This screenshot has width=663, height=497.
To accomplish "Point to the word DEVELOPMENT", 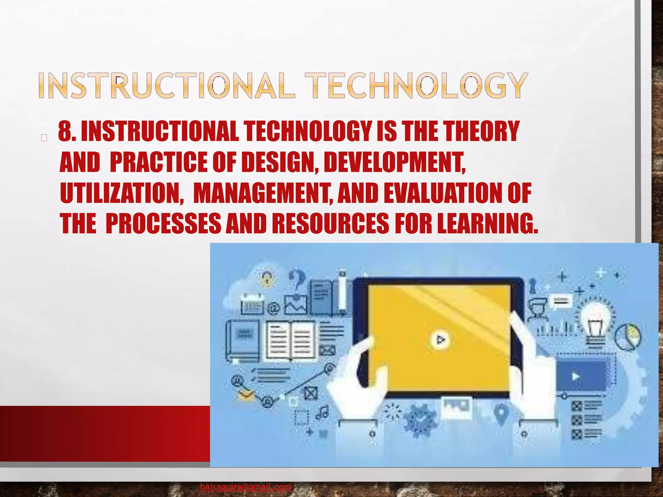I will pyautogui.click(x=395, y=162).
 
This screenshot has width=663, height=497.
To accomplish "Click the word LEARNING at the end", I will pyautogui.click(x=487, y=223).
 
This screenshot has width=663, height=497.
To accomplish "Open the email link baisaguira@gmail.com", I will pyautogui.click(x=245, y=487).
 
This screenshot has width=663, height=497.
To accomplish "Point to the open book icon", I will pyautogui.click(x=290, y=341).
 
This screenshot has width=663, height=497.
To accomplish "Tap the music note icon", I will pyautogui.click(x=322, y=413).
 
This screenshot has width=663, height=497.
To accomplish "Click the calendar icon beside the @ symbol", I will pyautogui.click(x=253, y=304).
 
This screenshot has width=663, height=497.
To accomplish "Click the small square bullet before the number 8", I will pyautogui.click(x=44, y=138).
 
